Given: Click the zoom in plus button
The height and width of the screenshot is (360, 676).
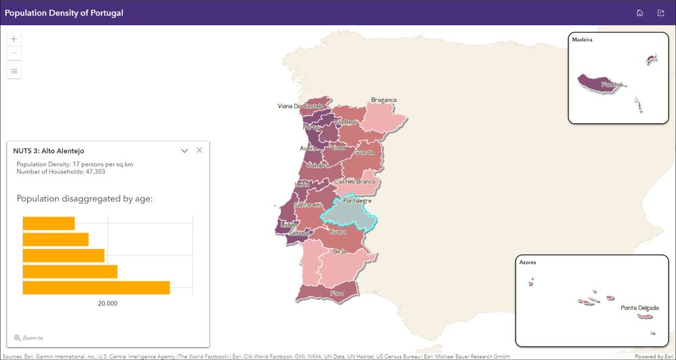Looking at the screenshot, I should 14,39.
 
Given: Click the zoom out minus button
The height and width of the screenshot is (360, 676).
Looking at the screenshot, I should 14,53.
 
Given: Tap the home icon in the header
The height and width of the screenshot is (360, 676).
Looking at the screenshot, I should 639,13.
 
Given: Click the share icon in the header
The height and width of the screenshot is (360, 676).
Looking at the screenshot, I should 661,13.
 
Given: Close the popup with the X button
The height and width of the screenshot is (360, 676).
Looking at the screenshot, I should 200,150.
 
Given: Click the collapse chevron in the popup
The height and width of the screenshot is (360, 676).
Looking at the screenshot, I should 185,151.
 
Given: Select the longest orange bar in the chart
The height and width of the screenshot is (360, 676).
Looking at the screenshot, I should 96,288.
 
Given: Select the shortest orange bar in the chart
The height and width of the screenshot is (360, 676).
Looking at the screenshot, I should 49,223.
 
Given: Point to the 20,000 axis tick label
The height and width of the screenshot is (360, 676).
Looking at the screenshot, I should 108,304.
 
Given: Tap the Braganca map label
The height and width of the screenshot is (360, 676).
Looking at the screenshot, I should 384,100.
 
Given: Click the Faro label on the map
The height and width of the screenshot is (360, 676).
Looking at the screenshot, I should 337,294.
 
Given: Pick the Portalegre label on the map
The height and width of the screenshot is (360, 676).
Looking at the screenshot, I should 358,201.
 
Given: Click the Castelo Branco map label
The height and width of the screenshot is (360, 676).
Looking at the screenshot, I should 355,182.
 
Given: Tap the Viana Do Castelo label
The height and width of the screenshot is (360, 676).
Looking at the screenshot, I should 300,106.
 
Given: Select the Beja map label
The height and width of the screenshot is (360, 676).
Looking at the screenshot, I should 340,252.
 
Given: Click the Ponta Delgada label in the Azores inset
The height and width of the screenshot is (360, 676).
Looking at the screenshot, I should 639,308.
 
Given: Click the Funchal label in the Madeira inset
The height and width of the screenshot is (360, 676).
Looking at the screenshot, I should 612,85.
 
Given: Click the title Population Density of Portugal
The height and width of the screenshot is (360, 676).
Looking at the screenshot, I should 64,13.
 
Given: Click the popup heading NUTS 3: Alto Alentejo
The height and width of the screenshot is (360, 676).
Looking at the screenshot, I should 49,151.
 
